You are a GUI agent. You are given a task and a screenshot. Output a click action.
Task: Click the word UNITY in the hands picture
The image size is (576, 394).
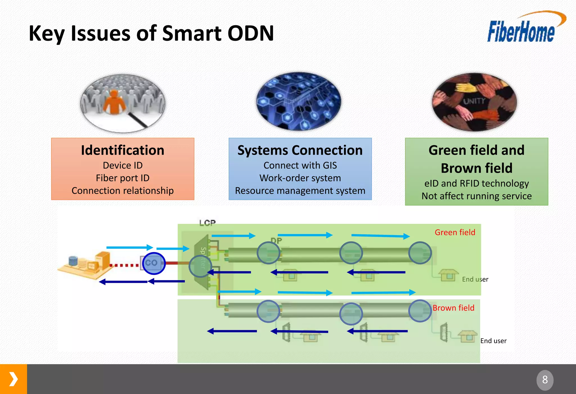(474, 101)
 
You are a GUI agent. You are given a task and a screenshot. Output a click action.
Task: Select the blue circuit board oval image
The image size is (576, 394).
(298, 101)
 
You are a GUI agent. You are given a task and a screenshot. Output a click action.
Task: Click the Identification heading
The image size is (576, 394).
(123, 150)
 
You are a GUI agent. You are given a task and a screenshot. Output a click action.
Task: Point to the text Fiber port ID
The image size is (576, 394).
(123, 178)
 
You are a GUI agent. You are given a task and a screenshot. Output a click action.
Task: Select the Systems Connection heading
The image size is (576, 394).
(300, 150)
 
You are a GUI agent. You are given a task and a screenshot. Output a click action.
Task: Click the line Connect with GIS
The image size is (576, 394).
(300, 165)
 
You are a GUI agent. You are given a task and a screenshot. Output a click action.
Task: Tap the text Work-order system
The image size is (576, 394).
(300, 178)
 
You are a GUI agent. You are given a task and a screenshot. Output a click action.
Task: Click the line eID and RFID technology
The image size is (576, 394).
(476, 183)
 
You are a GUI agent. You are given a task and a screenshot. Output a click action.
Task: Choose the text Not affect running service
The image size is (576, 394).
(476, 196)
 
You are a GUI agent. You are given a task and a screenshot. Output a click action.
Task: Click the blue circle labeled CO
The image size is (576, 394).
(154, 263)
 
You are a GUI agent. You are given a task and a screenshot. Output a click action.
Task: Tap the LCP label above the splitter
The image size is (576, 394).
(207, 223)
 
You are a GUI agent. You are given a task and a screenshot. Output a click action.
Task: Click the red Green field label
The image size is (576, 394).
(455, 233)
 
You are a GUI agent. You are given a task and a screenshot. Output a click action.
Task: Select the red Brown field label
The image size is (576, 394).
(453, 308)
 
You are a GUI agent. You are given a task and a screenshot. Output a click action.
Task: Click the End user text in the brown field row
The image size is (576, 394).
(493, 341)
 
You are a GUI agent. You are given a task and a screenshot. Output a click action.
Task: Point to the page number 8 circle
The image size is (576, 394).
(545, 380)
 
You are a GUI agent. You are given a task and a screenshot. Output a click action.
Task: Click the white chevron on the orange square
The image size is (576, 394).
(13, 379)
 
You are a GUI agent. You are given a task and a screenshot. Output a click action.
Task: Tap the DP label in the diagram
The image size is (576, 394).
(276, 241)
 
